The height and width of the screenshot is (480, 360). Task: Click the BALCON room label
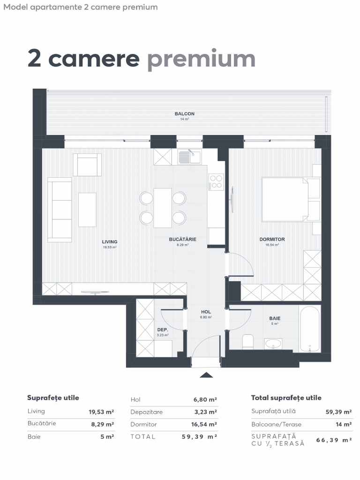(x=184, y=114)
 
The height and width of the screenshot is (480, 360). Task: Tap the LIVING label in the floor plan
(x=110, y=242)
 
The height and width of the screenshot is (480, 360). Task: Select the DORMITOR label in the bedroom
(x=272, y=240)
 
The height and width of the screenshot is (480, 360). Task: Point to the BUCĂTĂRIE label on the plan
(x=182, y=239)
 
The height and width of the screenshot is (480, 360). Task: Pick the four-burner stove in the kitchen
(x=216, y=181)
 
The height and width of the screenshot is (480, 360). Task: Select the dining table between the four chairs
(x=163, y=207)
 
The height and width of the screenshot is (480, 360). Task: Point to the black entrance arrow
(x=206, y=375)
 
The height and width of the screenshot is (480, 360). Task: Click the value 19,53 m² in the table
(x=101, y=412)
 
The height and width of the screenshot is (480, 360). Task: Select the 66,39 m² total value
(x=334, y=440)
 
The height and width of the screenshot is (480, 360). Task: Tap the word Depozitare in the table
(x=146, y=412)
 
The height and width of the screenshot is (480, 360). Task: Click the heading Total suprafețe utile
(x=286, y=398)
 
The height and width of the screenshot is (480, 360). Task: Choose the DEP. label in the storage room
(x=162, y=330)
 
